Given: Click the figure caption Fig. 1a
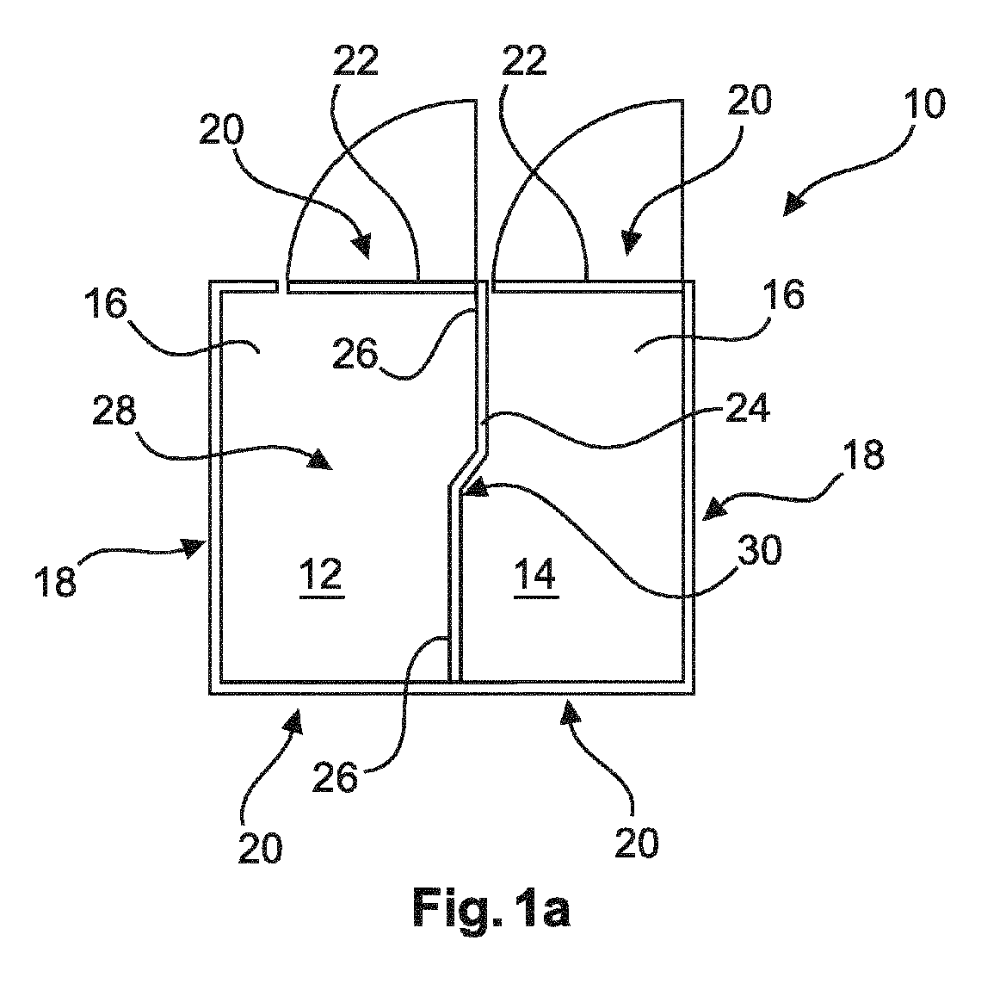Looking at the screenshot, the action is (491, 907).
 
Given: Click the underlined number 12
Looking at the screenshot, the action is (322, 576).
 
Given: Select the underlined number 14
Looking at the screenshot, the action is (536, 575).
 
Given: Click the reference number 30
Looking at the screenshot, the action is (760, 549).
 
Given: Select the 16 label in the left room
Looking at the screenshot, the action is (105, 304).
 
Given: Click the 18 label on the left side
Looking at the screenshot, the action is (56, 581).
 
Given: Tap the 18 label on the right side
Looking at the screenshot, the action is (862, 454).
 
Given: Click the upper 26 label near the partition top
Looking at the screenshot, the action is (355, 354).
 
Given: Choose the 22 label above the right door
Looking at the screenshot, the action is (524, 61).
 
